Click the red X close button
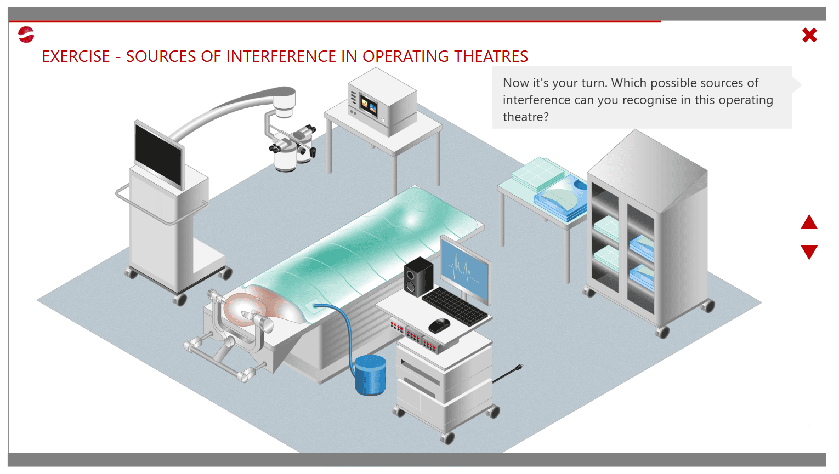click(x=809, y=35)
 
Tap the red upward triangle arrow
click(x=809, y=222)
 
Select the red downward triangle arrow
click(x=809, y=252)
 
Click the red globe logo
click(x=26, y=35)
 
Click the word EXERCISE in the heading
click(x=76, y=56)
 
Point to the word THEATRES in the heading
click(x=491, y=56)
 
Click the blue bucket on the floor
click(x=370, y=375)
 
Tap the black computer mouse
click(x=439, y=325)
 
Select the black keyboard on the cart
click(x=455, y=306)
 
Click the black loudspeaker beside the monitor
click(x=418, y=276)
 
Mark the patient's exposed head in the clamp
click(x=245, y=309)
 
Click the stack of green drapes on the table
click(x=538, y=174)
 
